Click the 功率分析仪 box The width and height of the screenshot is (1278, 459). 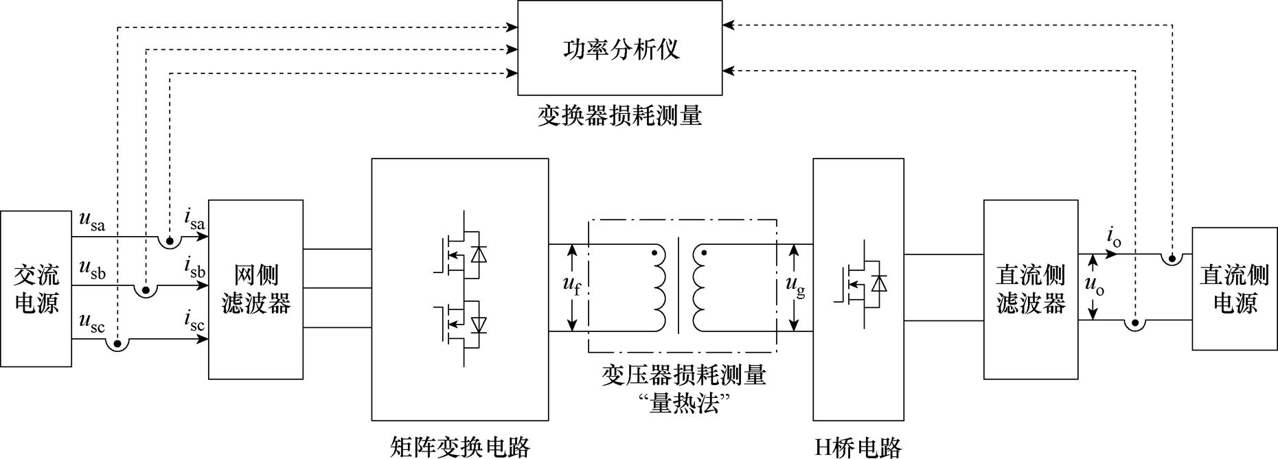619,48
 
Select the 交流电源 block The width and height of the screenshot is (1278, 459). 36,289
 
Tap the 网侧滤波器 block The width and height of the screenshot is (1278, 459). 255,289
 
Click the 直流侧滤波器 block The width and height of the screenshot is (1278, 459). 1030,289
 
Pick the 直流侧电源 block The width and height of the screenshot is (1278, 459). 1234,289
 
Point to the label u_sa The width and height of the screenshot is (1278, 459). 92,221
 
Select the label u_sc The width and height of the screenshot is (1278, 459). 92,321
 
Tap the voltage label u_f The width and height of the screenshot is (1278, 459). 571,287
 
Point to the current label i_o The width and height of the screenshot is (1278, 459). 1113,237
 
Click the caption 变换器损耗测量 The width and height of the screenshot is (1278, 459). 619,116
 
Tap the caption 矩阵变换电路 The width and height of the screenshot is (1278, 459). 459,447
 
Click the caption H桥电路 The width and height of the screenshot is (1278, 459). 858,447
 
